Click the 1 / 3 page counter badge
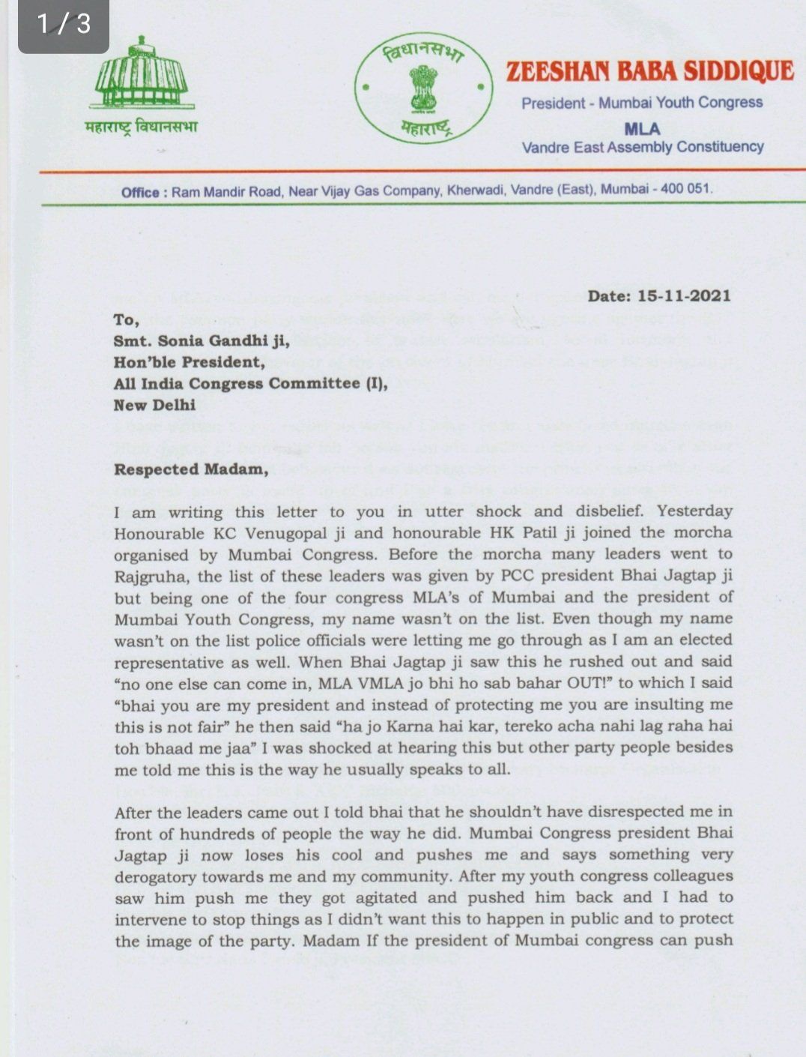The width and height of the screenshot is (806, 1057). point(64,25)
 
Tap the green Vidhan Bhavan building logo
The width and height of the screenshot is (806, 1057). point(141,75)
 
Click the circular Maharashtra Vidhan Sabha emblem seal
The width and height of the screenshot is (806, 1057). point(424,88)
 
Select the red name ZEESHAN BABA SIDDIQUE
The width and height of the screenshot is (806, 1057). point(649,71)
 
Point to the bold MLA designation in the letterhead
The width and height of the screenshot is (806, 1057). point(642,129)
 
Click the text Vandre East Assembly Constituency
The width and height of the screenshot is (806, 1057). point(642,147)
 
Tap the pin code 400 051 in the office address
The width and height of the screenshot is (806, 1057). point(685,189)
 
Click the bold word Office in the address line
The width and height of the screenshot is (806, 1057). point(140,193)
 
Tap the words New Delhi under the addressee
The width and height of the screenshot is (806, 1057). point(154,405)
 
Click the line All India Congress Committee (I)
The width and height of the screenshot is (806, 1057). point(251,384)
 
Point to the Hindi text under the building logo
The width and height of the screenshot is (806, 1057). point(141,127)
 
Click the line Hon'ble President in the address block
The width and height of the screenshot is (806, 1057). point(189,363)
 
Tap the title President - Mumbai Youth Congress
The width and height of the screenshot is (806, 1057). point(642,103)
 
